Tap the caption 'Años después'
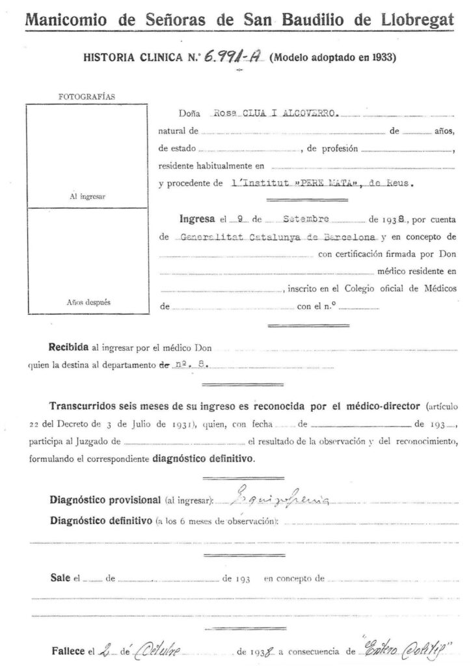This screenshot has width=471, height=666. (x=87, y=301)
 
